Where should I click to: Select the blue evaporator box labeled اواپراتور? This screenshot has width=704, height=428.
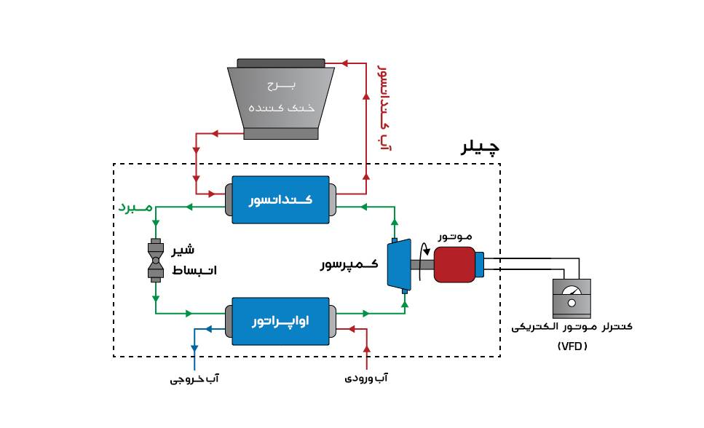(x=281, y=321)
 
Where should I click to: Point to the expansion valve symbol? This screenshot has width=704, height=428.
(x=156, y=260)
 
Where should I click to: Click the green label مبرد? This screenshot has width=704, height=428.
(x=136, y=208)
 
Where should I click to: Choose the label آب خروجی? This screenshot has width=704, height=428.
(x=194, y=379)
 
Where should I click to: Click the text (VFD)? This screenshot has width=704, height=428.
(x=572, y=346)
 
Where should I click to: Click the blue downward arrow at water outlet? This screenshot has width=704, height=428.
(x=194, y=348)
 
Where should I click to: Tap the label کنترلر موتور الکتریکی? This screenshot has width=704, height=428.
(x=572, y=327)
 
